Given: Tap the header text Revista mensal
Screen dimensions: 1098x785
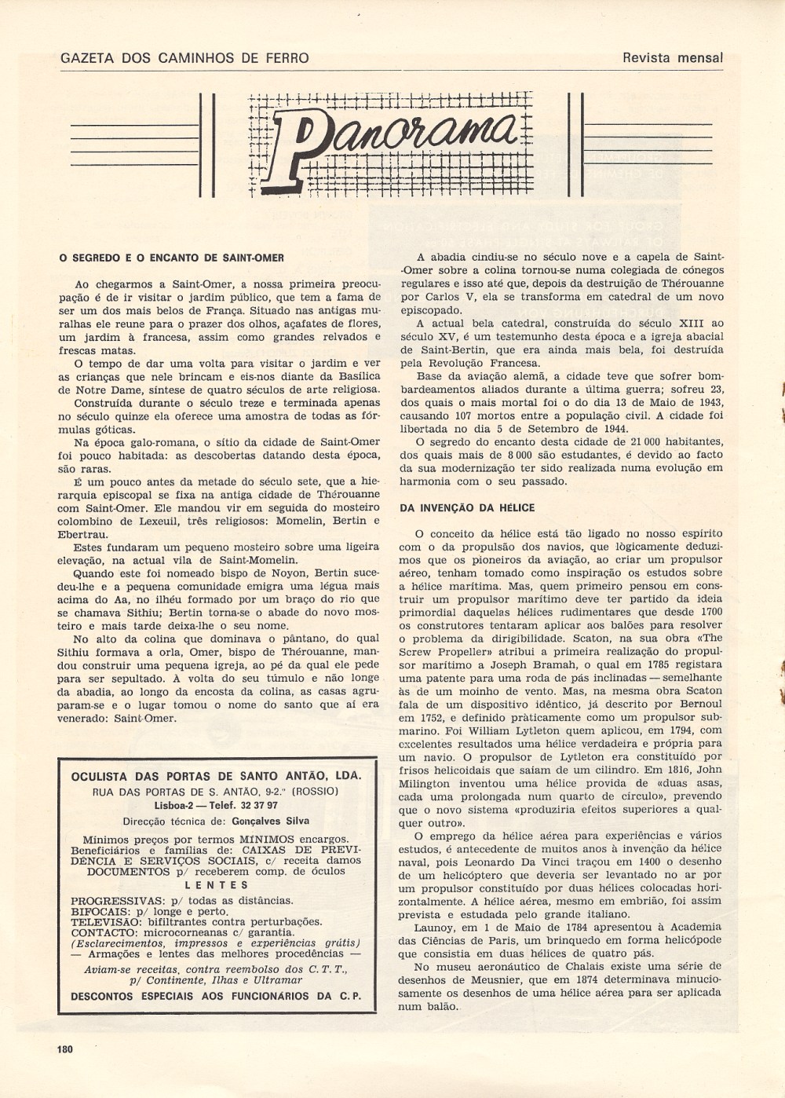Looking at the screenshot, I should pos(672,57).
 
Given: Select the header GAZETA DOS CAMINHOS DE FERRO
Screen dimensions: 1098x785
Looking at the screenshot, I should pos(184,57).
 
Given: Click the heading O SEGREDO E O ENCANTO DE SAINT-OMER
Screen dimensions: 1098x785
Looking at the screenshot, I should pos(171,258).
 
